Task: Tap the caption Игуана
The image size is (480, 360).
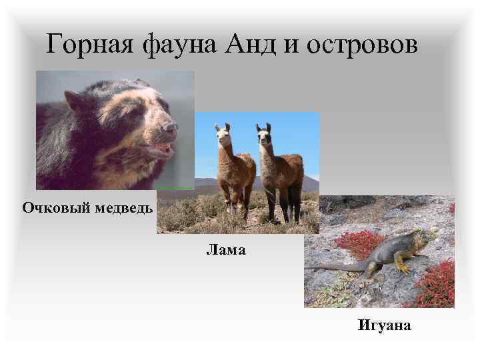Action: (x=384, y=325)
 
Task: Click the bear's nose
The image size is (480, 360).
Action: (x=170, y=127)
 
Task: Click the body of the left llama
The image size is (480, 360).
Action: (x=237, y=173)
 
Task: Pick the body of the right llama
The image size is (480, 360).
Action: (x=283, y=173)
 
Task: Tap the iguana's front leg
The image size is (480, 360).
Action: (x=401, y=265)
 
